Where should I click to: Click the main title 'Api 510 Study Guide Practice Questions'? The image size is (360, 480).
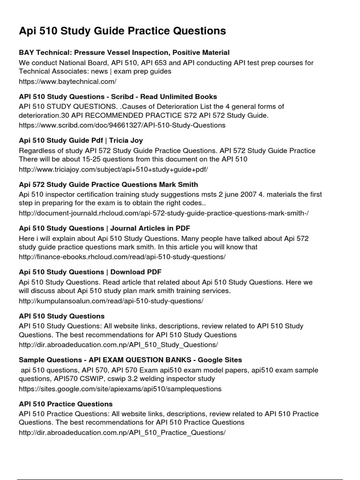(122, 31)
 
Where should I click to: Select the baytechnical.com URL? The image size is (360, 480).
(67, 81)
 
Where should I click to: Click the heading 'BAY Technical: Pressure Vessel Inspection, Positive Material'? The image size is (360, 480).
(124, 52)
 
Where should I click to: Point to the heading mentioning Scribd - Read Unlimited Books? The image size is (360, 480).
(118, 96)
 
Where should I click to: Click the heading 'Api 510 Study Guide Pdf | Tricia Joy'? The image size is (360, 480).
(81, 140)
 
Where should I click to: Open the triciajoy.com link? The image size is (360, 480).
(113, 169)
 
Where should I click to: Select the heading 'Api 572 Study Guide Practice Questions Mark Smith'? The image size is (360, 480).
(108, 184)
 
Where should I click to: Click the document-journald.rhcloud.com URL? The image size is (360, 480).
(164, 213)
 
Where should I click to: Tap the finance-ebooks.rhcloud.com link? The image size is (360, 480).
(122, 257)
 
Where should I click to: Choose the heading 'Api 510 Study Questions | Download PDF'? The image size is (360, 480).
(90, 272)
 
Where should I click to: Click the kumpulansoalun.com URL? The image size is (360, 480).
(111, 301)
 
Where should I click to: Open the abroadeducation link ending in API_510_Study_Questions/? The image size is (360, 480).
(118, 345)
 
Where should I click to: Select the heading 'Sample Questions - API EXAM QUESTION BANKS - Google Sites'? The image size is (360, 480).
(130, 360)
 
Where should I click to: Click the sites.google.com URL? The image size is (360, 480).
(120, 389)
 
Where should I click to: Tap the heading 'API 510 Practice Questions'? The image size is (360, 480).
(66, 404)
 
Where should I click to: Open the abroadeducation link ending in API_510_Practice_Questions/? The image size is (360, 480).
(122, 433)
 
